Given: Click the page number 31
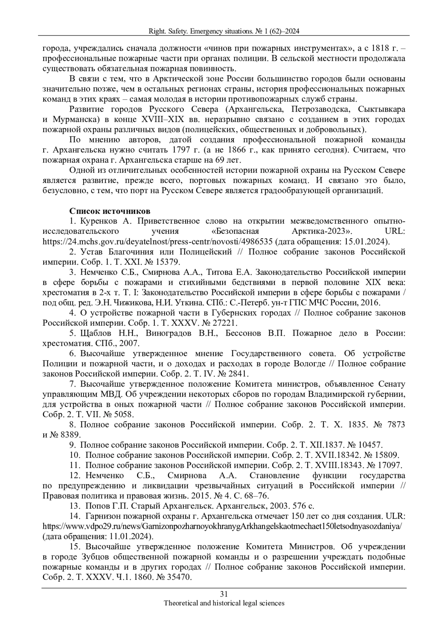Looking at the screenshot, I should coord(224,594).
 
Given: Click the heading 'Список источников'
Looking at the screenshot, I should coord(110,211).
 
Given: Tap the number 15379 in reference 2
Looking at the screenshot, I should coord(169,262).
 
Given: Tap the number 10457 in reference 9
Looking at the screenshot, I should coord(370,445).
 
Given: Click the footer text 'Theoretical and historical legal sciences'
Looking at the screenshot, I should coord(224,603).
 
